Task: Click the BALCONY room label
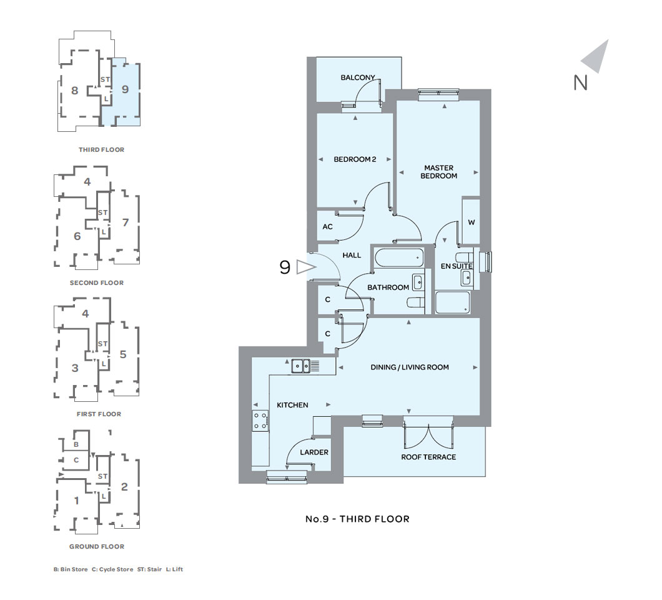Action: coord(358,77)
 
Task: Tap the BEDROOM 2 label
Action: coord(355,159)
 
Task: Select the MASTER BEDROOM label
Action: coord(438,172)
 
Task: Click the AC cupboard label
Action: coord(328,227)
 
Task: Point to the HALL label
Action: coord(352,255)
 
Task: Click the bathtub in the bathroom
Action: coord(399,257)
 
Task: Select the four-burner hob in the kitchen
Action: coord(260,421)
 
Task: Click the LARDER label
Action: coord(314,452)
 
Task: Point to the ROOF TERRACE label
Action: coord(428,457)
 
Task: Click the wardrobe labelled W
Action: coord(471,221)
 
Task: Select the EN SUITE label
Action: coord(457,266)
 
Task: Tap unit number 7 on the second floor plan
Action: coord(126,222)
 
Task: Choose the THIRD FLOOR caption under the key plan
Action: coord(101,149)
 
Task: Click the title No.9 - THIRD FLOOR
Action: coord(357,519)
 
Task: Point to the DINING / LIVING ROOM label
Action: coord(410,367)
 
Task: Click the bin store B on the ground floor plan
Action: coord(76,444)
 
